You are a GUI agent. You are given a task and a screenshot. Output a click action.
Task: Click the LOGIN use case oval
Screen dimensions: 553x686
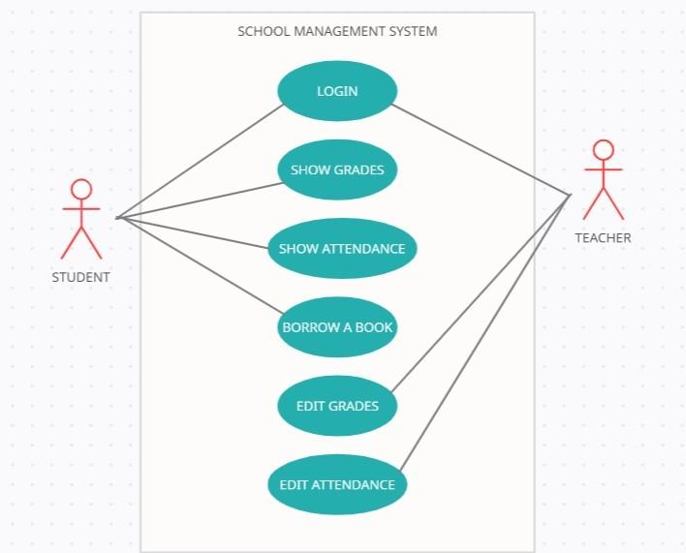coord(337,91)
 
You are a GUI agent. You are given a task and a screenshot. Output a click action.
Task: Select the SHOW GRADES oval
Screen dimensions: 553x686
coord(337,169)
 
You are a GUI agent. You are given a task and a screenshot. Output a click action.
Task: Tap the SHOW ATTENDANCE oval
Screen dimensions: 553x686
coord(342,248)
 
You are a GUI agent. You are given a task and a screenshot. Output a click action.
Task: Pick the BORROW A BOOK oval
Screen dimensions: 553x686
coord(337,327)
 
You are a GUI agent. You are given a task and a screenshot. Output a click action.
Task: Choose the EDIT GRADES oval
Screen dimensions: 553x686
coord(337,406)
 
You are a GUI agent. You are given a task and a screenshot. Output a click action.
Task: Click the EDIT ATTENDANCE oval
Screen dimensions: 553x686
coord(337,484)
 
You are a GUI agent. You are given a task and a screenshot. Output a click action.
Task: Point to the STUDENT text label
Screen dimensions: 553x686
coord(81,277)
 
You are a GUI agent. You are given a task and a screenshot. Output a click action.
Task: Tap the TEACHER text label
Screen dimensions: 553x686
coord(603,237)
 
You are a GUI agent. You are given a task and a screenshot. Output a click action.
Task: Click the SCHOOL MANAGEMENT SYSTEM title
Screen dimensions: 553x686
coord(337,31)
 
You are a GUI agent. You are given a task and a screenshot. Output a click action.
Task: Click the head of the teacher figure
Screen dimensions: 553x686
coord(604,150)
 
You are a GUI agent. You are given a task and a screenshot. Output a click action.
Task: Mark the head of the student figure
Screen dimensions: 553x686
coord(81,189)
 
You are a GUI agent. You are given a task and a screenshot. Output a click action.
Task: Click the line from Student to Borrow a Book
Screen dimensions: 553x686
coord(199,265)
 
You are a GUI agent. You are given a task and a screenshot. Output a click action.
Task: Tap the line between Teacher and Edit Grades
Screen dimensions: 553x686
coord(480,293)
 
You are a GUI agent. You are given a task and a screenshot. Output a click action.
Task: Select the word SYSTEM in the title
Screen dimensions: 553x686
coord(414,31)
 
